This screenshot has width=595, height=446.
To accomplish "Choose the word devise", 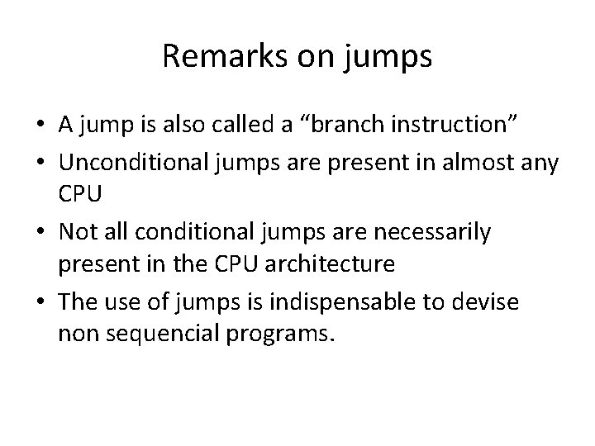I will point(492,303).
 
